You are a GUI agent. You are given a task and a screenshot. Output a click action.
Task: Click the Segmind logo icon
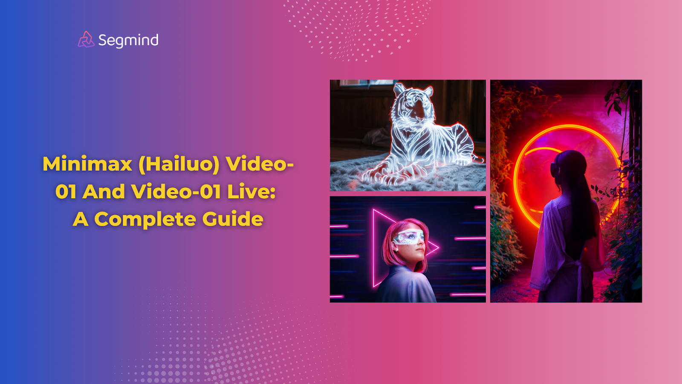pos(86,40)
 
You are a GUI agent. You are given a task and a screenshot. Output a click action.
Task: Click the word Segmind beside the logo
pos(128,41)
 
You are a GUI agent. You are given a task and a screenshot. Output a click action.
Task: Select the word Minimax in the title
pos(87,164)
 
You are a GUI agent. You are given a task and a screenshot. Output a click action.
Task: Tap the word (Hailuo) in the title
pos(179,164)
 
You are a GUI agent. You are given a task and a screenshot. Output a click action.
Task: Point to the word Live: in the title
pos(251,192)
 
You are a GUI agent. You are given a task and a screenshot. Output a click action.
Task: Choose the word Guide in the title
pos(233,219)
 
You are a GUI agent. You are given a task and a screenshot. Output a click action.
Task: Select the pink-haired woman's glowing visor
pos(409,237)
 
